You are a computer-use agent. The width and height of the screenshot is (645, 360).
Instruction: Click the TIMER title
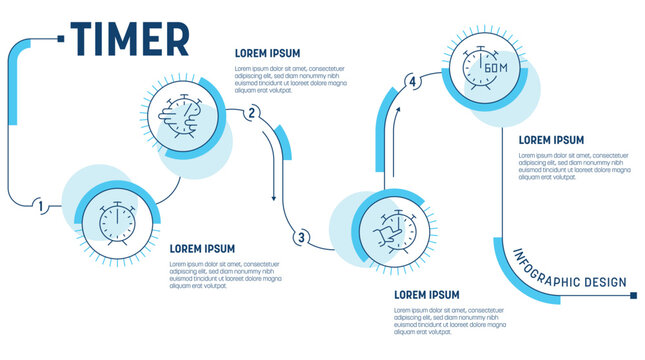(x=129, y=40)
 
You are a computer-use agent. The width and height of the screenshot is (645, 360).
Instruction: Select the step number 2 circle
(x=252, y=112)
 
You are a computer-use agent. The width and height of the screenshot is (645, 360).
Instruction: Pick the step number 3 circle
(x=301, y=237)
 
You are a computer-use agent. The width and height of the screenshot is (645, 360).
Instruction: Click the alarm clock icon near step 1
(x=117, y=219)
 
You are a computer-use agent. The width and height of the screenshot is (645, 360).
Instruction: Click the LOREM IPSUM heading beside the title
(x=267, y=53)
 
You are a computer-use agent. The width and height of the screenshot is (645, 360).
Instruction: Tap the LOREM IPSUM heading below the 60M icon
(x=551, y=140)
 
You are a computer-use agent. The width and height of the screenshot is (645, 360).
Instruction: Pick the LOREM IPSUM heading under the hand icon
(x=427, y=295)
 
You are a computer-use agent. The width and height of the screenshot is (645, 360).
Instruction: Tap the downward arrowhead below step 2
(x=273, y=197)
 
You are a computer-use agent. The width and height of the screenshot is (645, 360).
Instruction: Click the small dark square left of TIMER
(x=62, y=39)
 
